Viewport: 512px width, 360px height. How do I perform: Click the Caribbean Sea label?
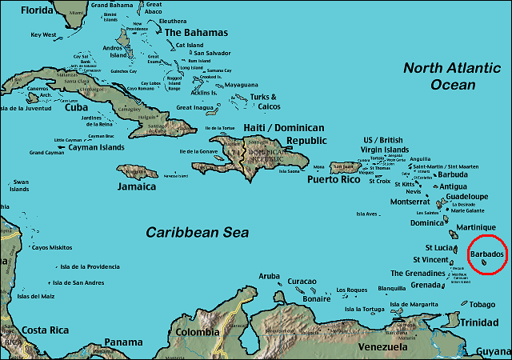[197, 233]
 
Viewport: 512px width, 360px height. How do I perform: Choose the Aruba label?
[270, 276]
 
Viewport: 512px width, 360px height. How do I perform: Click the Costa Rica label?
[44, 330]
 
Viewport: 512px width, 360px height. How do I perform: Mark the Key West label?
[45, 34]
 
